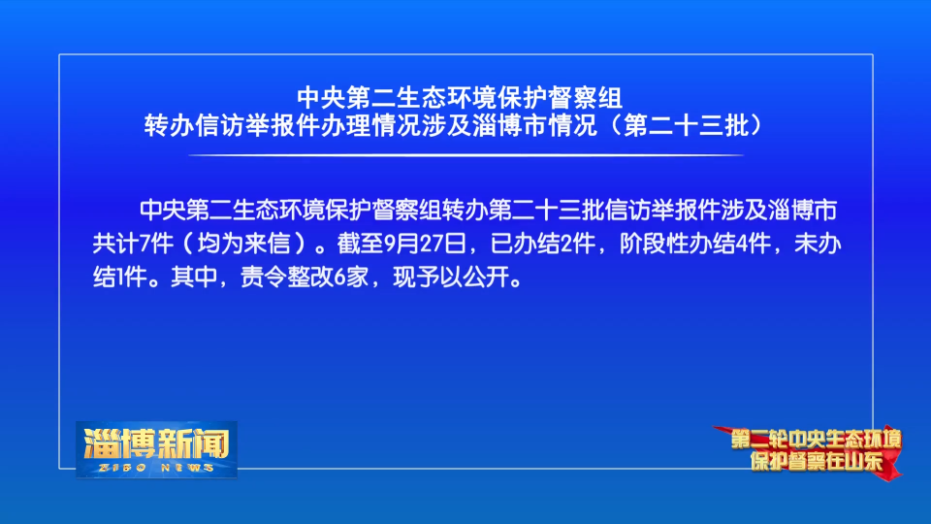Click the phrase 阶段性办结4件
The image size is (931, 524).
click(x=695, y=244)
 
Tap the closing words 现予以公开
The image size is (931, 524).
click(x=451, y=277)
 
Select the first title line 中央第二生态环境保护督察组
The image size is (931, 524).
click(x=460, y=98)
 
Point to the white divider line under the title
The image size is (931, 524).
click(x=466, y=155)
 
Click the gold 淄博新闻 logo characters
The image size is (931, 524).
click(x=156, y=443)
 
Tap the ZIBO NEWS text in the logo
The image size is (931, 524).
click(x=156, y=468)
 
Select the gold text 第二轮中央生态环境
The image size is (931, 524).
click(x=816, y=440)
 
